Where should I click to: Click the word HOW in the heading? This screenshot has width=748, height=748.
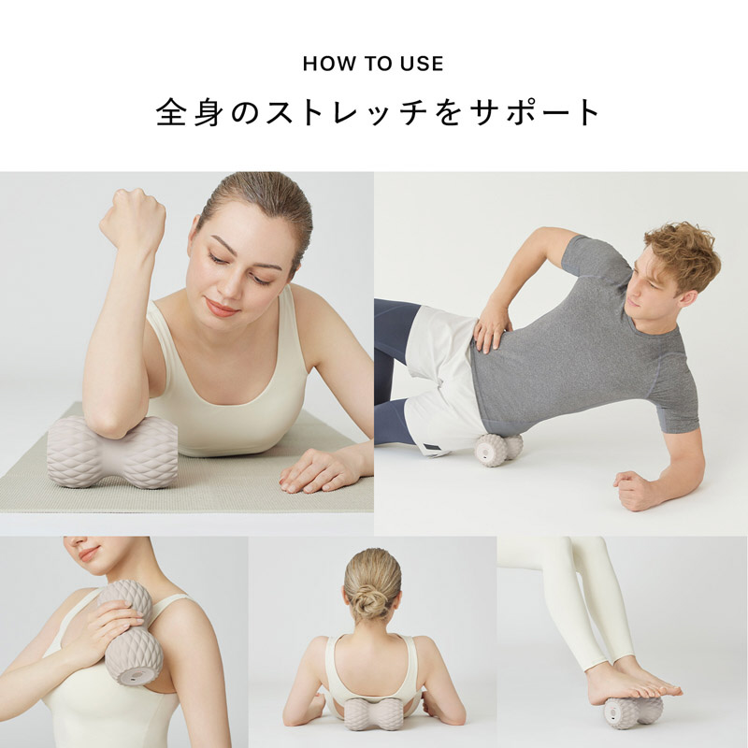[324, 64]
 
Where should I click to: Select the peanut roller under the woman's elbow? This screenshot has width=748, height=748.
[112, 451]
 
